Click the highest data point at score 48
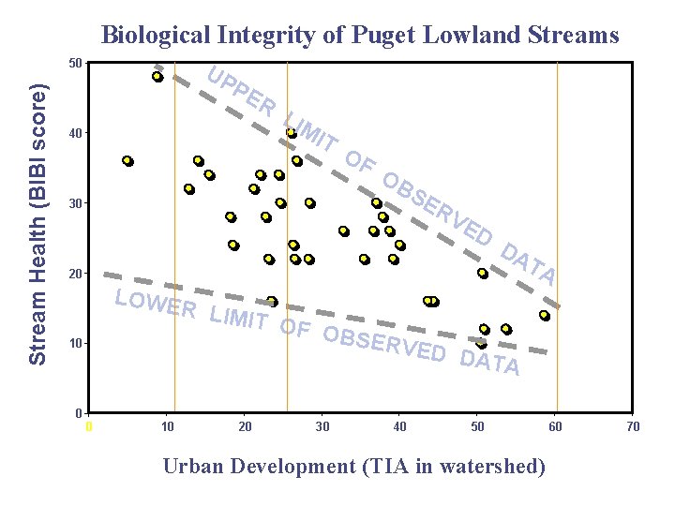pyautogui.click(x=157, y=77)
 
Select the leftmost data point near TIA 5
pyautogui.click(x=127, y=161)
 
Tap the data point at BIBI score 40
pyautogui.click(x=292, y=133)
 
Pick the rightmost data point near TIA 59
pyautogui.click(x=544, y=316)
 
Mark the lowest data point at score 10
pyautogui.click(x=481, y=344)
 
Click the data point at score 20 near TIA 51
pyautogui.click(x=483, y=274)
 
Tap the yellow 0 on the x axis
pyautogui.click(x=89, y=427)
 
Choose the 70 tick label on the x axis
pyautogui.click(x=633, y=427)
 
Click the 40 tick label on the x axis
pyautogui.click(x=399, y=427)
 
